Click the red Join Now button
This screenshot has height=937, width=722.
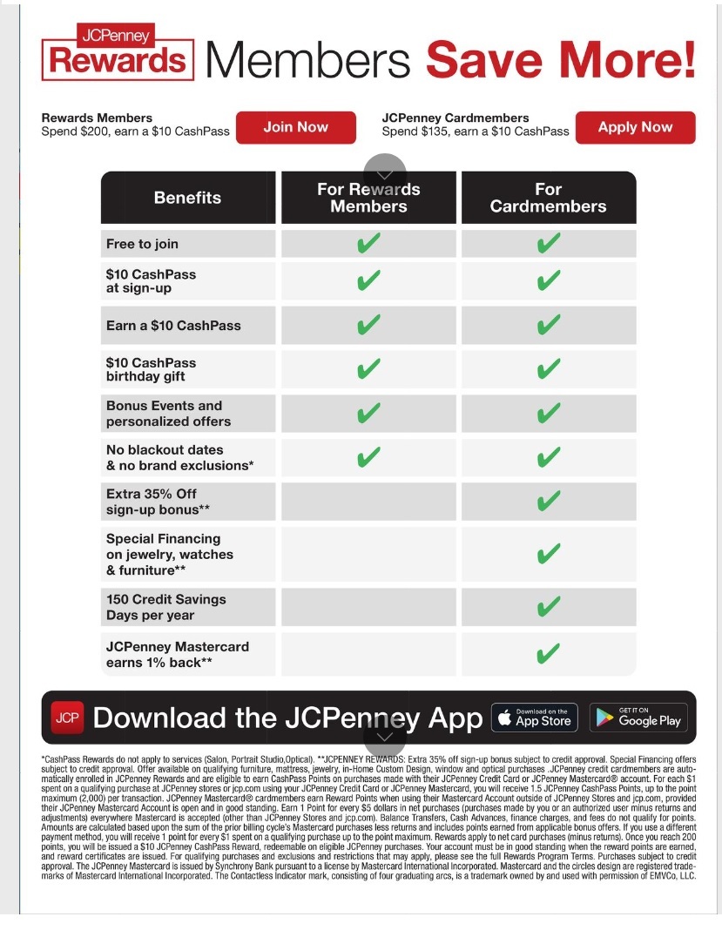point(295,127)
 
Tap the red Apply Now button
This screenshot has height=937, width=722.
point(635,127)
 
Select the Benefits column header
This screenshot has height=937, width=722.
point(187,198)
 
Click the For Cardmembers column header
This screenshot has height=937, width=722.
point(548,198)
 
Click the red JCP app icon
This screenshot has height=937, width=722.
point(66,718)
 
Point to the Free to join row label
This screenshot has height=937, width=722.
point(142,244)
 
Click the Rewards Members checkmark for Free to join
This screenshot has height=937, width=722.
point(368,244)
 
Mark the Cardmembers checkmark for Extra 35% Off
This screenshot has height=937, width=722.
point(548,502)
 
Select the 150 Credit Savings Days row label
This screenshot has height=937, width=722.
point(165,607)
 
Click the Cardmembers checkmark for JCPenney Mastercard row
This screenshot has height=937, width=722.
point(548,654)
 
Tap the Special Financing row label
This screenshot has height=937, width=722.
point(169,555)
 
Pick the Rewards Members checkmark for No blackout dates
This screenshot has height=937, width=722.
point(368,457)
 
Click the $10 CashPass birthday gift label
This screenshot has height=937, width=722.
point(151,369)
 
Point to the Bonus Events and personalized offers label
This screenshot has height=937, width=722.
point(168,414)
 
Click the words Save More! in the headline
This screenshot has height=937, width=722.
point(561,59)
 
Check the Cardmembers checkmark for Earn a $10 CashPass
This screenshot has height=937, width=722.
point(548,326)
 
